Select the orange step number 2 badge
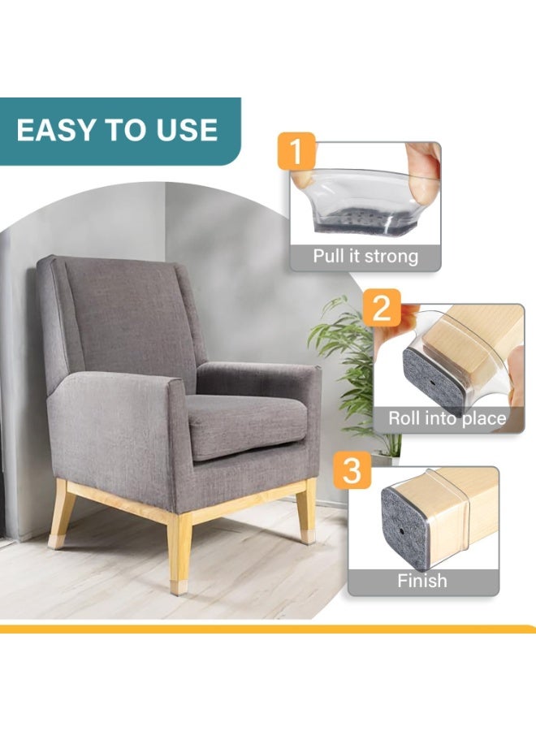[382, 307]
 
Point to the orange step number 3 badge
[352, 470]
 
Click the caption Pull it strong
[365, 257]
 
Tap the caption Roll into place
[447, 418]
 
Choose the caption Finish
[422, 581]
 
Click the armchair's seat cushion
[247, 424]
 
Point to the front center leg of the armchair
[179, 554]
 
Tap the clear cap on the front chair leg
[179, 587]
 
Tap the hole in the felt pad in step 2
[433, 383]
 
